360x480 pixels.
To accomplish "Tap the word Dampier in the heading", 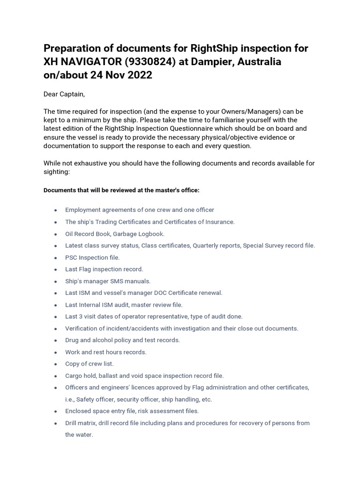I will point(215,62).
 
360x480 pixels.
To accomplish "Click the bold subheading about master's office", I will point(121,190).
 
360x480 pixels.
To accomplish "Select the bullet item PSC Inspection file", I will point(92,257).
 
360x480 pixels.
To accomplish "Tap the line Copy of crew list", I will point(89,364).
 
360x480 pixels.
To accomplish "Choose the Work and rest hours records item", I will point(106,352).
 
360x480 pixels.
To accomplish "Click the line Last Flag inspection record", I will point(104,269).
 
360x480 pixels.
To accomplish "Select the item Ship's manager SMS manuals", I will point(108,281).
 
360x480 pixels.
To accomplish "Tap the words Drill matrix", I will point(81,423).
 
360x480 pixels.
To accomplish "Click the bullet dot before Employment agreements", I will point(56,210).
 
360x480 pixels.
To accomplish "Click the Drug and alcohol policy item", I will point(122,340).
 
